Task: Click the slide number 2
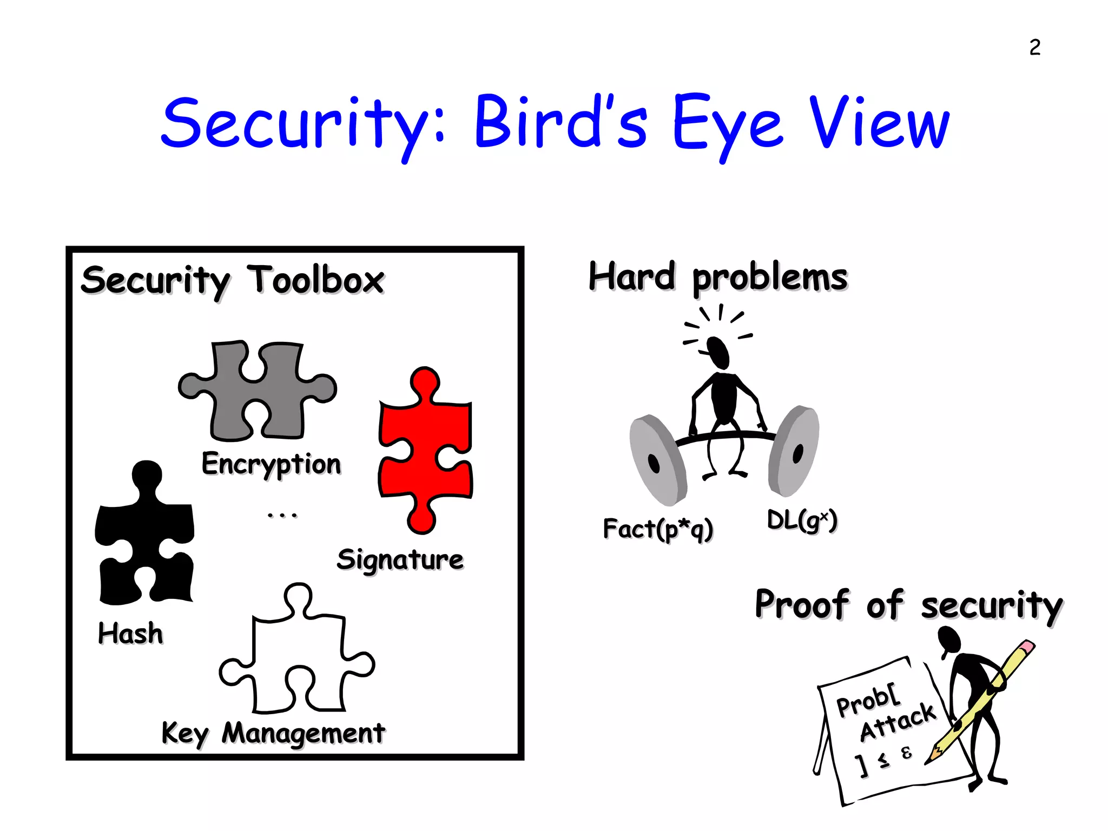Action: pos(1034,48)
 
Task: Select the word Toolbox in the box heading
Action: pos(315,280)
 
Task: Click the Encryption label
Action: pos(271,464)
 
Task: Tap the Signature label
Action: pos(400,559)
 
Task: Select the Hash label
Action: pos(130,633)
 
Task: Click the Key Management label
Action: pos(273,734)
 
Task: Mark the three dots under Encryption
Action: pos(282,516)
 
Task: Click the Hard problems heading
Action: pos(718,277)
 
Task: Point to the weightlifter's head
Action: pos(718,352)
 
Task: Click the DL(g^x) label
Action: pos(802,520)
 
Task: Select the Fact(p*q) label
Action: pos(658,529)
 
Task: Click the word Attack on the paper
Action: pos(898,722)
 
